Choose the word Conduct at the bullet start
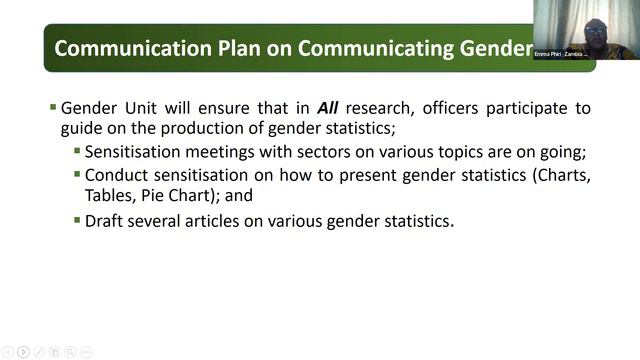(117, 175)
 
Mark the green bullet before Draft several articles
(77, 220)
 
